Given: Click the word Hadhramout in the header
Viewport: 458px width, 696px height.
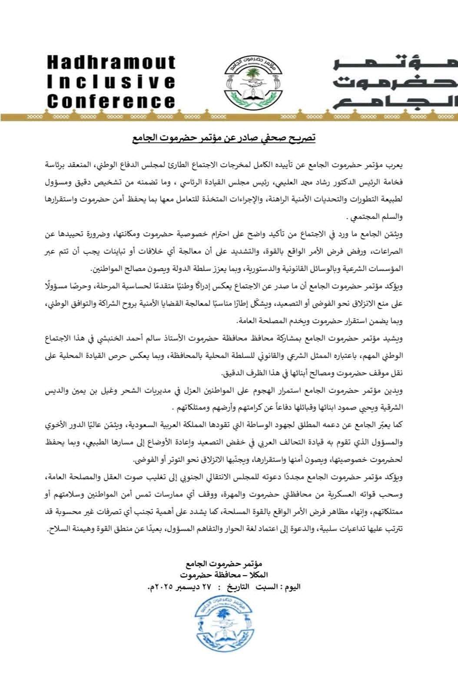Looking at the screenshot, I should coord(111,63).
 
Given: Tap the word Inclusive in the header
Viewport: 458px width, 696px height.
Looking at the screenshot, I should coord(111,82).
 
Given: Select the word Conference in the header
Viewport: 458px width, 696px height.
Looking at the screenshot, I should coord(111,101).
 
